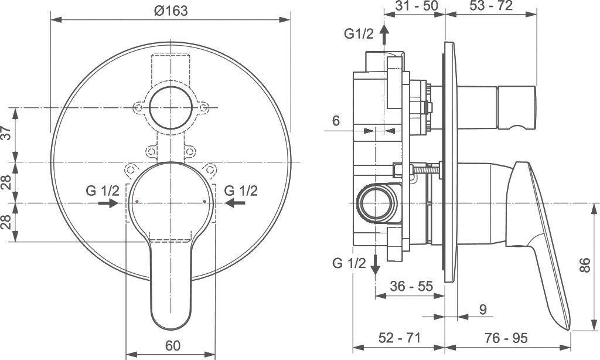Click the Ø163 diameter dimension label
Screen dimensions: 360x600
pos(172,11)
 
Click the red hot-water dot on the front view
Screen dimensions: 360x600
pos(137,201)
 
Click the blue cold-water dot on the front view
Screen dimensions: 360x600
pos(204,201)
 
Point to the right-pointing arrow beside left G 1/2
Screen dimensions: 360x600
pos(107,203)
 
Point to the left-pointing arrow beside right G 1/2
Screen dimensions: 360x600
pos(236,203)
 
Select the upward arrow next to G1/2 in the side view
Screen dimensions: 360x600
pos(384,35)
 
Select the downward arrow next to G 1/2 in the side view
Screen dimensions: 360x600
pos(376,266)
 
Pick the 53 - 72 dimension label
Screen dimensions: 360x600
pos(491,6)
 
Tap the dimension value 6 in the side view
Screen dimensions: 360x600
pos(336,121)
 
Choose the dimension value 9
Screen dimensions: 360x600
pos(482,309)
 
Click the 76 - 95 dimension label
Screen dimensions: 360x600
pos(506,338)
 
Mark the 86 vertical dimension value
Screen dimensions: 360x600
pos(584,266)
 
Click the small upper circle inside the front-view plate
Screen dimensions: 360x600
pos(172,108)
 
